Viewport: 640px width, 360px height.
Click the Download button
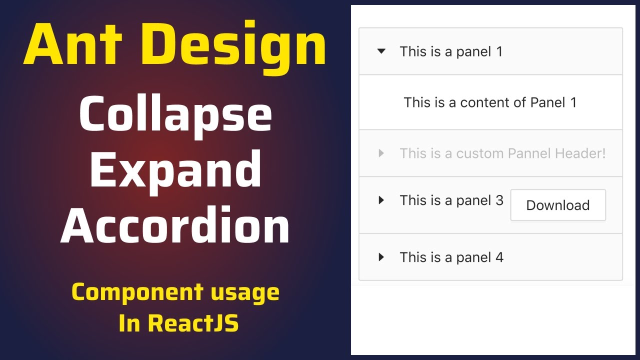pyautogui.click(x=557, y=205)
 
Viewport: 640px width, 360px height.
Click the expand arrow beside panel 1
pyautogui.click(x=381, y=51)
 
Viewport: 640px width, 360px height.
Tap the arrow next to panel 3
pyautogui.click(x=381, y=200)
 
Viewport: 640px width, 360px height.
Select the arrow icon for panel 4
pyautogui.click(x=381, y=257)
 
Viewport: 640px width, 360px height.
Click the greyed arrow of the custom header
pyautogui.click(x=381, y=153)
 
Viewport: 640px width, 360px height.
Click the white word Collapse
pyautogui.click(x=175, y=116)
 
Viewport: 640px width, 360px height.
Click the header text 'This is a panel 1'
pyautogui.click(x=451, y=51)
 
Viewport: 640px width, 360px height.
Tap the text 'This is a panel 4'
pyautogui.click(x=451, y=257)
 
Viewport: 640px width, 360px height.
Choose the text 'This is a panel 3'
pyautogui.click(x=451, y=200)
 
